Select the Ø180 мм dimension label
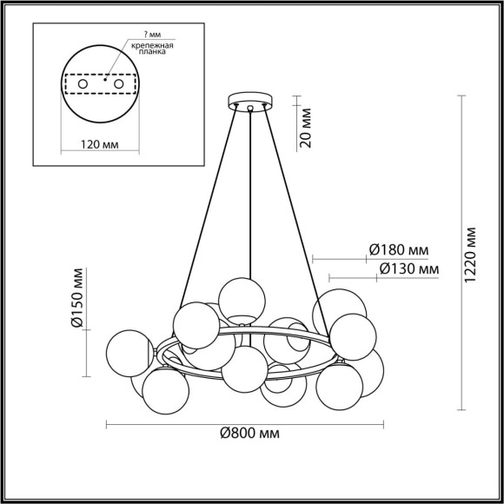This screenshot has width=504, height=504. tap(398, 249)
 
